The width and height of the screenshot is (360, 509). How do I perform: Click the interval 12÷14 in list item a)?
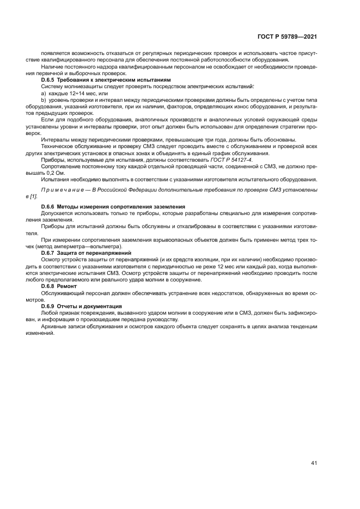[72, 93]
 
